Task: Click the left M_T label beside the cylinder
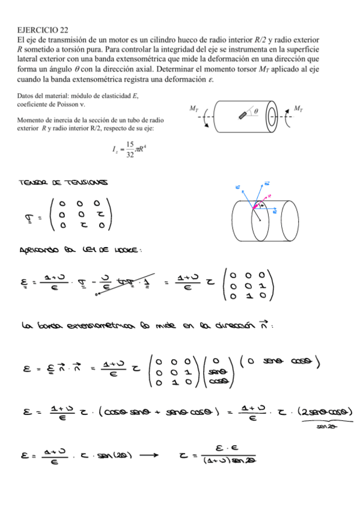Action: click(194, 108)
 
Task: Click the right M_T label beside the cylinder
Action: click(298, 108)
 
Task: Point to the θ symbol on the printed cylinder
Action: click(255, 111)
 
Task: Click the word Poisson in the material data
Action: click(75, 103)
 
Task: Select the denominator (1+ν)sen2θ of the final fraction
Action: click(225, 462)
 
